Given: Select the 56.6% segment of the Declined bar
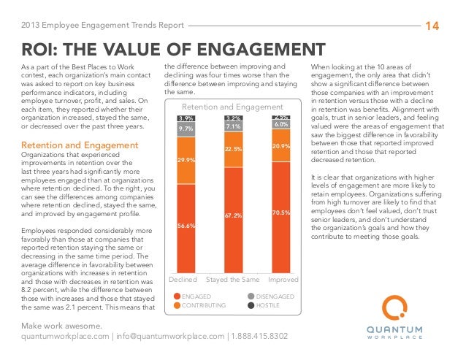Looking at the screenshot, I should point(186,226).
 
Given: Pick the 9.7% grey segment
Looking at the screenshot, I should point(186,129).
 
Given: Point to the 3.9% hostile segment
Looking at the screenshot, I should point(186,118).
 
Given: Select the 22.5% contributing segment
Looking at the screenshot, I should point(233,149).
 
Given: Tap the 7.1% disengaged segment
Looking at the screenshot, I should point(233,126).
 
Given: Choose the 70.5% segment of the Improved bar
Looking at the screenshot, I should point(280,212).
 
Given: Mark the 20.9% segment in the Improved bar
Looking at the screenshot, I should point(280,147).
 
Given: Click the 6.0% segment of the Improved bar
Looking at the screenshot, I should point(280,125).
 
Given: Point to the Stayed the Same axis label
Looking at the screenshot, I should point(233,280).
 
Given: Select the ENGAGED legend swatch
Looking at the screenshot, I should point(175,296).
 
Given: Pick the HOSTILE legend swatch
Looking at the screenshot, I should point(251,305).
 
